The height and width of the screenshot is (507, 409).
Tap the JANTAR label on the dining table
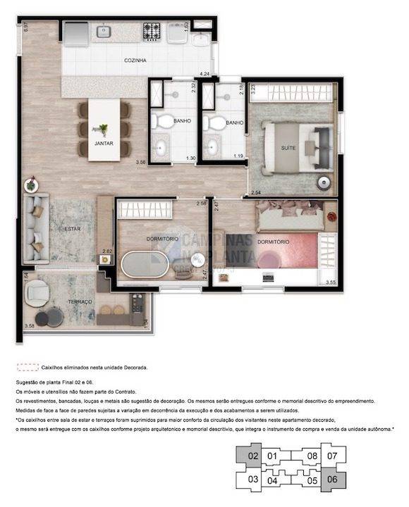(104, 144)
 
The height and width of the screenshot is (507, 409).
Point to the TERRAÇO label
(80, 301)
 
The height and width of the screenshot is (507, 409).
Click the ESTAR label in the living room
(73, 230)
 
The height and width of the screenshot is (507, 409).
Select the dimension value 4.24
(204, 73)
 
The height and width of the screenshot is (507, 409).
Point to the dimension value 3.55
(330, 282)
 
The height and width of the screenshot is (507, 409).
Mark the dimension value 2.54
(255, 192)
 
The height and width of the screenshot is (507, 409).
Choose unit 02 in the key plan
(253, 456)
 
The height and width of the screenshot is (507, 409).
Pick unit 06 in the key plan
(332, 480)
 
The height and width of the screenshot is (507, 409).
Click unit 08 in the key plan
(312, 456)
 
